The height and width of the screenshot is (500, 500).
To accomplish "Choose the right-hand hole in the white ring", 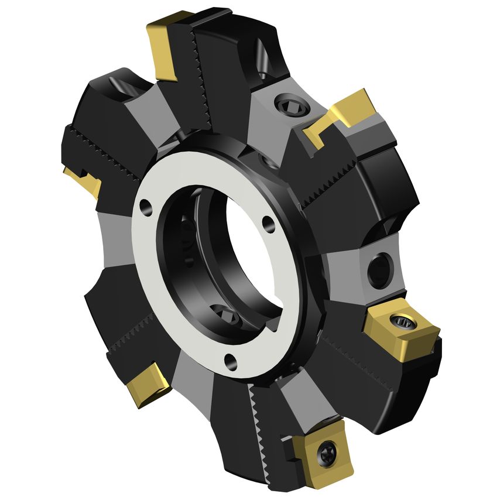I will pyautogui.click(x=268, y=223).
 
